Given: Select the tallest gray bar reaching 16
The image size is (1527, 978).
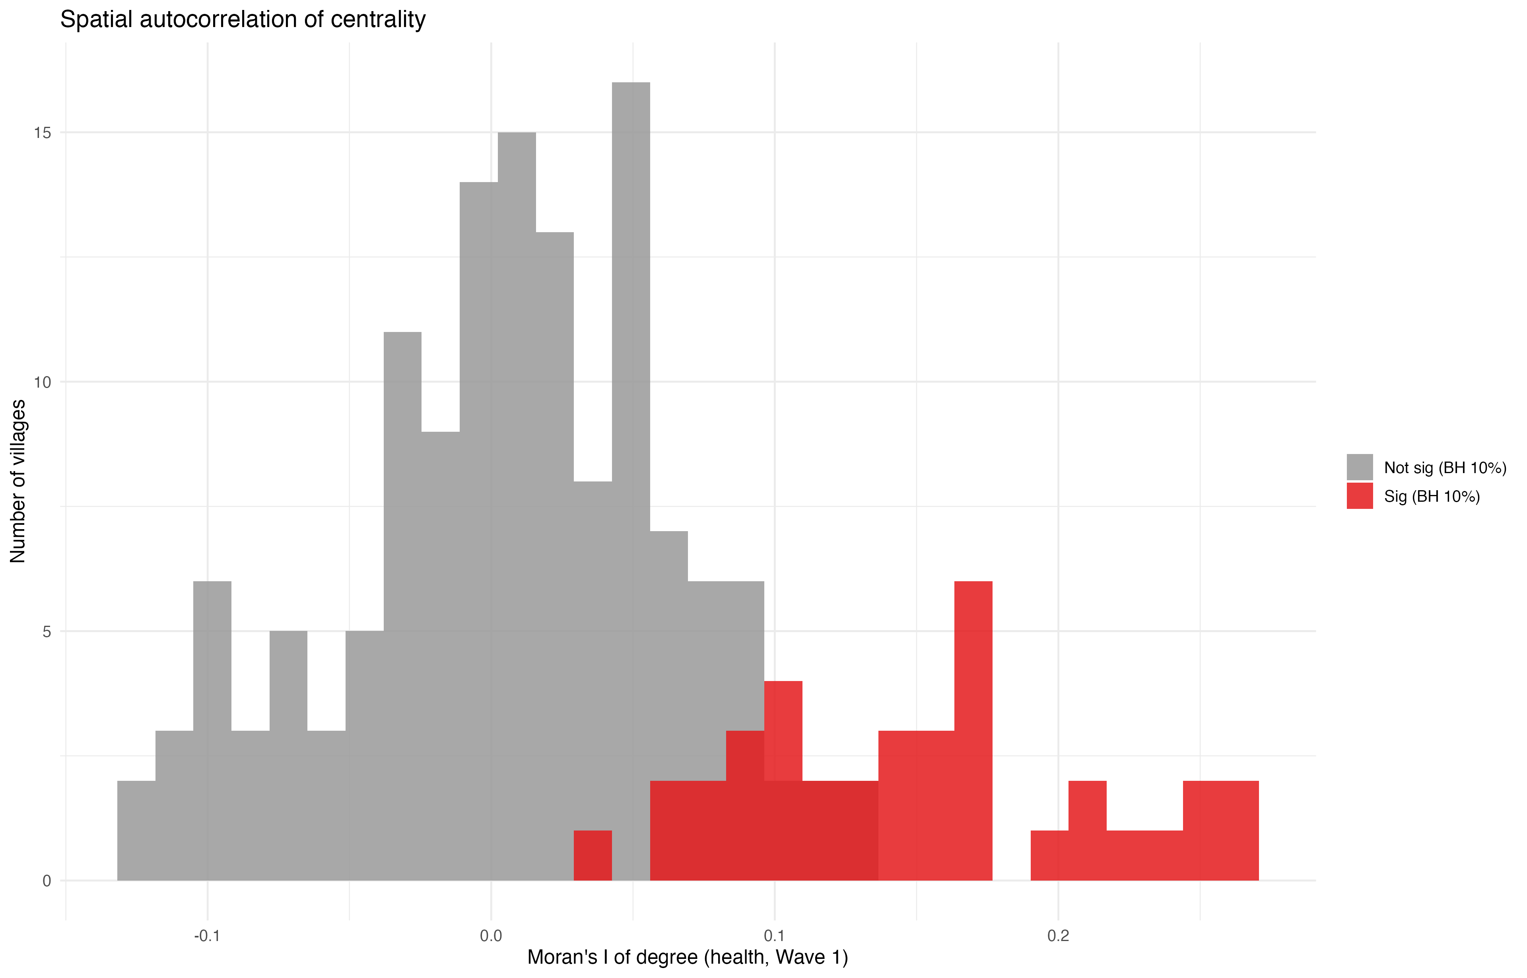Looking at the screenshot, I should (x=631, y=444).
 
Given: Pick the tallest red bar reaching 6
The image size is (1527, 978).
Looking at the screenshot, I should (x=973, y=730).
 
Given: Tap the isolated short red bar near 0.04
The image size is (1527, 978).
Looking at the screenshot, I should (x=593, y=856).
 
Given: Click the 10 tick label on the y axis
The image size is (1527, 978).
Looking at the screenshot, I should (x=42, y=382).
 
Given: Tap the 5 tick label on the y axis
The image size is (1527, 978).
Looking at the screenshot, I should (x=46, y=632).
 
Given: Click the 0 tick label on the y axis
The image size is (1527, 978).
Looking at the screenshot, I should (x=46, y=881).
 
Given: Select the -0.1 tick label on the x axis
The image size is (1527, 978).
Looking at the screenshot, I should (x=207, y=936).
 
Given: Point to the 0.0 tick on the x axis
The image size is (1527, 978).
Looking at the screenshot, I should (x=491, y=936).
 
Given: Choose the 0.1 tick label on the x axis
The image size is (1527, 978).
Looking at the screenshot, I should (x=774, y=936).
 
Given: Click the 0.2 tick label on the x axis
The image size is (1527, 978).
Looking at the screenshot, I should (x=1058, y=936).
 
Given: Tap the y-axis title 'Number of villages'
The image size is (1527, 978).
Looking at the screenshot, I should (x=18, y=481).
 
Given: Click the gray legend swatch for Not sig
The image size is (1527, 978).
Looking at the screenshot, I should (x=1359, y=468).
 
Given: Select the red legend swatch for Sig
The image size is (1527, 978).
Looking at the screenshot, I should (x=1359, y=496).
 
